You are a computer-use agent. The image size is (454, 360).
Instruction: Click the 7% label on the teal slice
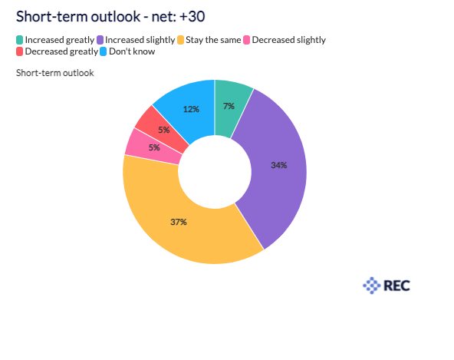[x=229, y=106]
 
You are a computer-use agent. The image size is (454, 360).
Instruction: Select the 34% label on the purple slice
[x=279, y=165]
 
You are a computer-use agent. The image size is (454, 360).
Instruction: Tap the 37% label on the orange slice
[x=179, y=222]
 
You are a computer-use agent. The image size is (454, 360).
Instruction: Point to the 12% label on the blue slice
[x=191, y=109]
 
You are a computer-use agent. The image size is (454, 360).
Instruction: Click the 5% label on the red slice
[x=164, y=130]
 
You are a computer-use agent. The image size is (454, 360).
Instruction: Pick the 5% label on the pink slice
[x=154, y=148]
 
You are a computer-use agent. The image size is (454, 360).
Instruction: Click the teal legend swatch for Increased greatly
[x=20, y=40]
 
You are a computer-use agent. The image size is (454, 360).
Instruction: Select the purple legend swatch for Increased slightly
[x=100, y=40]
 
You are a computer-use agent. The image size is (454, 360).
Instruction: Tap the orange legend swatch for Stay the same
[x=180, y=40]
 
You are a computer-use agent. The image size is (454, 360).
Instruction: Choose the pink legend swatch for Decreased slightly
[x=247, y=40]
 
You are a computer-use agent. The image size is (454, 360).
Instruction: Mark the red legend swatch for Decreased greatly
[x=20, y=51]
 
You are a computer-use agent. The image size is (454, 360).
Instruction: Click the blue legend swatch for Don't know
[x=104, y=51]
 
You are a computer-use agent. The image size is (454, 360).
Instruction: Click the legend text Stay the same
[x=213, y=40]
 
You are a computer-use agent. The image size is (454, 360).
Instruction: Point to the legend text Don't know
[x=132, y=51]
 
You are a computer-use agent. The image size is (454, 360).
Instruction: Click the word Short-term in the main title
[x=52, y=17]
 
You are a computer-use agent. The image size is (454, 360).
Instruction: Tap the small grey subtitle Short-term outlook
[x=55, y=73]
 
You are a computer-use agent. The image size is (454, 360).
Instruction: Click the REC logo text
[x=396, y=286]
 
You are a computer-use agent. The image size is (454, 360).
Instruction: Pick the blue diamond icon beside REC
[x=372, y=286]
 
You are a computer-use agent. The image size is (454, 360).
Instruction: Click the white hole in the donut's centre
[x=215, y=172]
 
